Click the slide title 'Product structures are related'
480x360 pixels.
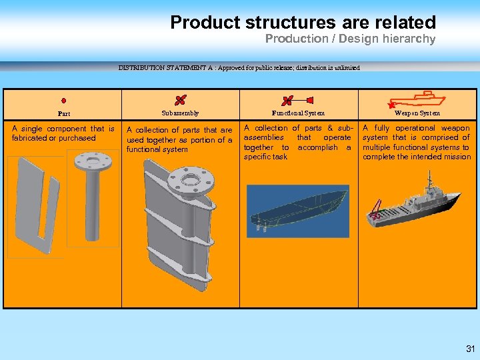point(303,22)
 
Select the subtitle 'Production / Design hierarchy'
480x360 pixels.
point(350,39)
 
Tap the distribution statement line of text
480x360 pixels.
point(239,67)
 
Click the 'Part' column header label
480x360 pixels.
point(63,114)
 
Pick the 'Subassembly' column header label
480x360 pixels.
point(180,113)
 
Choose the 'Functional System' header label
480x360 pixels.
point(298,113)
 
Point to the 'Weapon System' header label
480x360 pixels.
point(417,113)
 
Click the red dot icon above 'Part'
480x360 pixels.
point(63,101)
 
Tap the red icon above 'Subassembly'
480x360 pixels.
point(180,100)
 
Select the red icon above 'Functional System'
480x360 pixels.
point(288,101)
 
